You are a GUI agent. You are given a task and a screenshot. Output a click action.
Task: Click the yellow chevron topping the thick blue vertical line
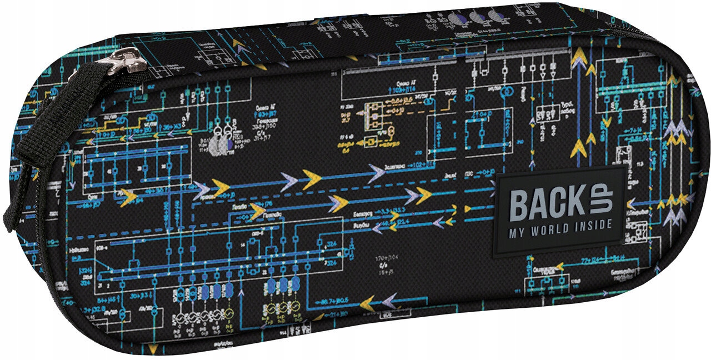[579, 55]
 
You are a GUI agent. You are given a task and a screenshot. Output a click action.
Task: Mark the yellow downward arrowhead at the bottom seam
[153, 334]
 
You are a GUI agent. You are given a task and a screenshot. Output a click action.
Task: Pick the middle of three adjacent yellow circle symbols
[284, 308]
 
